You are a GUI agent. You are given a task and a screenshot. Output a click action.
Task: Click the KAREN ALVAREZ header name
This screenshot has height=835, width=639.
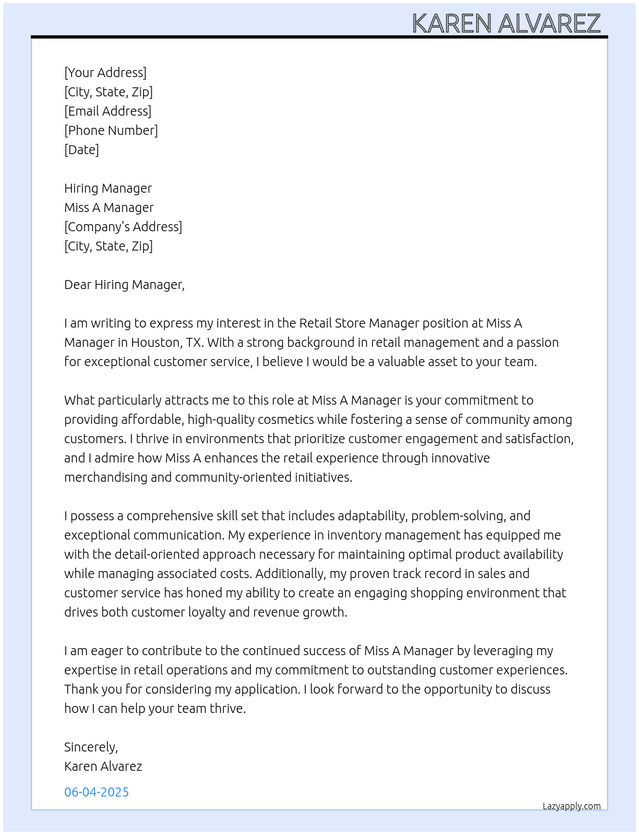506,23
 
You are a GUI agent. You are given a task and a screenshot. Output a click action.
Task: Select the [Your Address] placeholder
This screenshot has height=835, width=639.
105,73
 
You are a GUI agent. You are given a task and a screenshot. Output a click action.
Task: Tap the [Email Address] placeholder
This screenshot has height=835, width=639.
108,111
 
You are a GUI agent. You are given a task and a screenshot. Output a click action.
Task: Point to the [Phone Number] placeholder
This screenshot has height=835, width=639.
111,130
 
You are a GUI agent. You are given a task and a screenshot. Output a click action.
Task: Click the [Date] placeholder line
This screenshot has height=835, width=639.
81,150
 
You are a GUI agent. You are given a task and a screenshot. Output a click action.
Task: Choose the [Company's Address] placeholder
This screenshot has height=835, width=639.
123,227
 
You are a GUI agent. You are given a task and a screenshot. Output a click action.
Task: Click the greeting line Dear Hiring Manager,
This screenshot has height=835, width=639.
124,285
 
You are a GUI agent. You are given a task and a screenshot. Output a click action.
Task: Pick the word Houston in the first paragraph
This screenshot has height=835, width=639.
155,342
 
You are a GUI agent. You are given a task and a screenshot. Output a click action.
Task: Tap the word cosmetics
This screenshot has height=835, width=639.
286,419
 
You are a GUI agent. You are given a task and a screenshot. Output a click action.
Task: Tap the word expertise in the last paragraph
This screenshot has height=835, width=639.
90,670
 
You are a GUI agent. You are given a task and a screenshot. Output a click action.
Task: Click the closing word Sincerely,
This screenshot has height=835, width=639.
91,747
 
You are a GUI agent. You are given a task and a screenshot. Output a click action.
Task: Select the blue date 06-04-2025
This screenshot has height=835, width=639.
96,792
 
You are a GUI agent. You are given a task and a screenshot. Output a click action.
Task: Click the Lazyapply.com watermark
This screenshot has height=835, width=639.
572,806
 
